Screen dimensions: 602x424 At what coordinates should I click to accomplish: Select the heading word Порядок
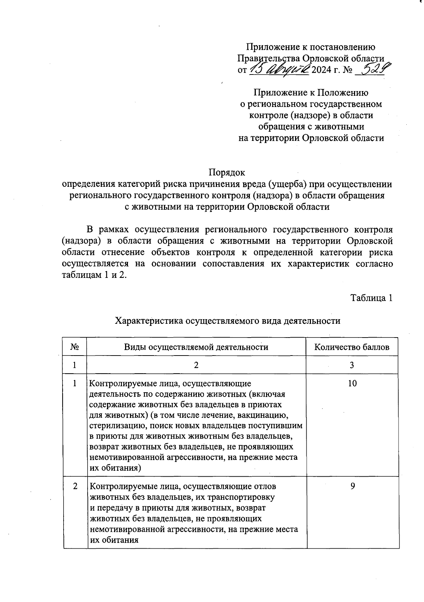227,173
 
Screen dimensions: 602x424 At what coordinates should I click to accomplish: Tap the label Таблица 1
371,298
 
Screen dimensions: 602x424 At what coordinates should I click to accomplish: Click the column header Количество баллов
352,347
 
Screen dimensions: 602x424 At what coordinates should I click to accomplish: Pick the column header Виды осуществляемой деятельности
196,347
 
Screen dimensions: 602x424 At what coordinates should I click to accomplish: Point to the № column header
75,347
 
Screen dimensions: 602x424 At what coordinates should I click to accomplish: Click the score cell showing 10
352,383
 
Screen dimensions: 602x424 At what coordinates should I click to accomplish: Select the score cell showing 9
352,486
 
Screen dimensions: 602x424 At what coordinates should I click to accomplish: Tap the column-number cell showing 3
352,365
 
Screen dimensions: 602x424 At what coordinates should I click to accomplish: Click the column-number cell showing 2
196,365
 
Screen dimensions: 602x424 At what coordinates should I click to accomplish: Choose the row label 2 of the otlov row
75,486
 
